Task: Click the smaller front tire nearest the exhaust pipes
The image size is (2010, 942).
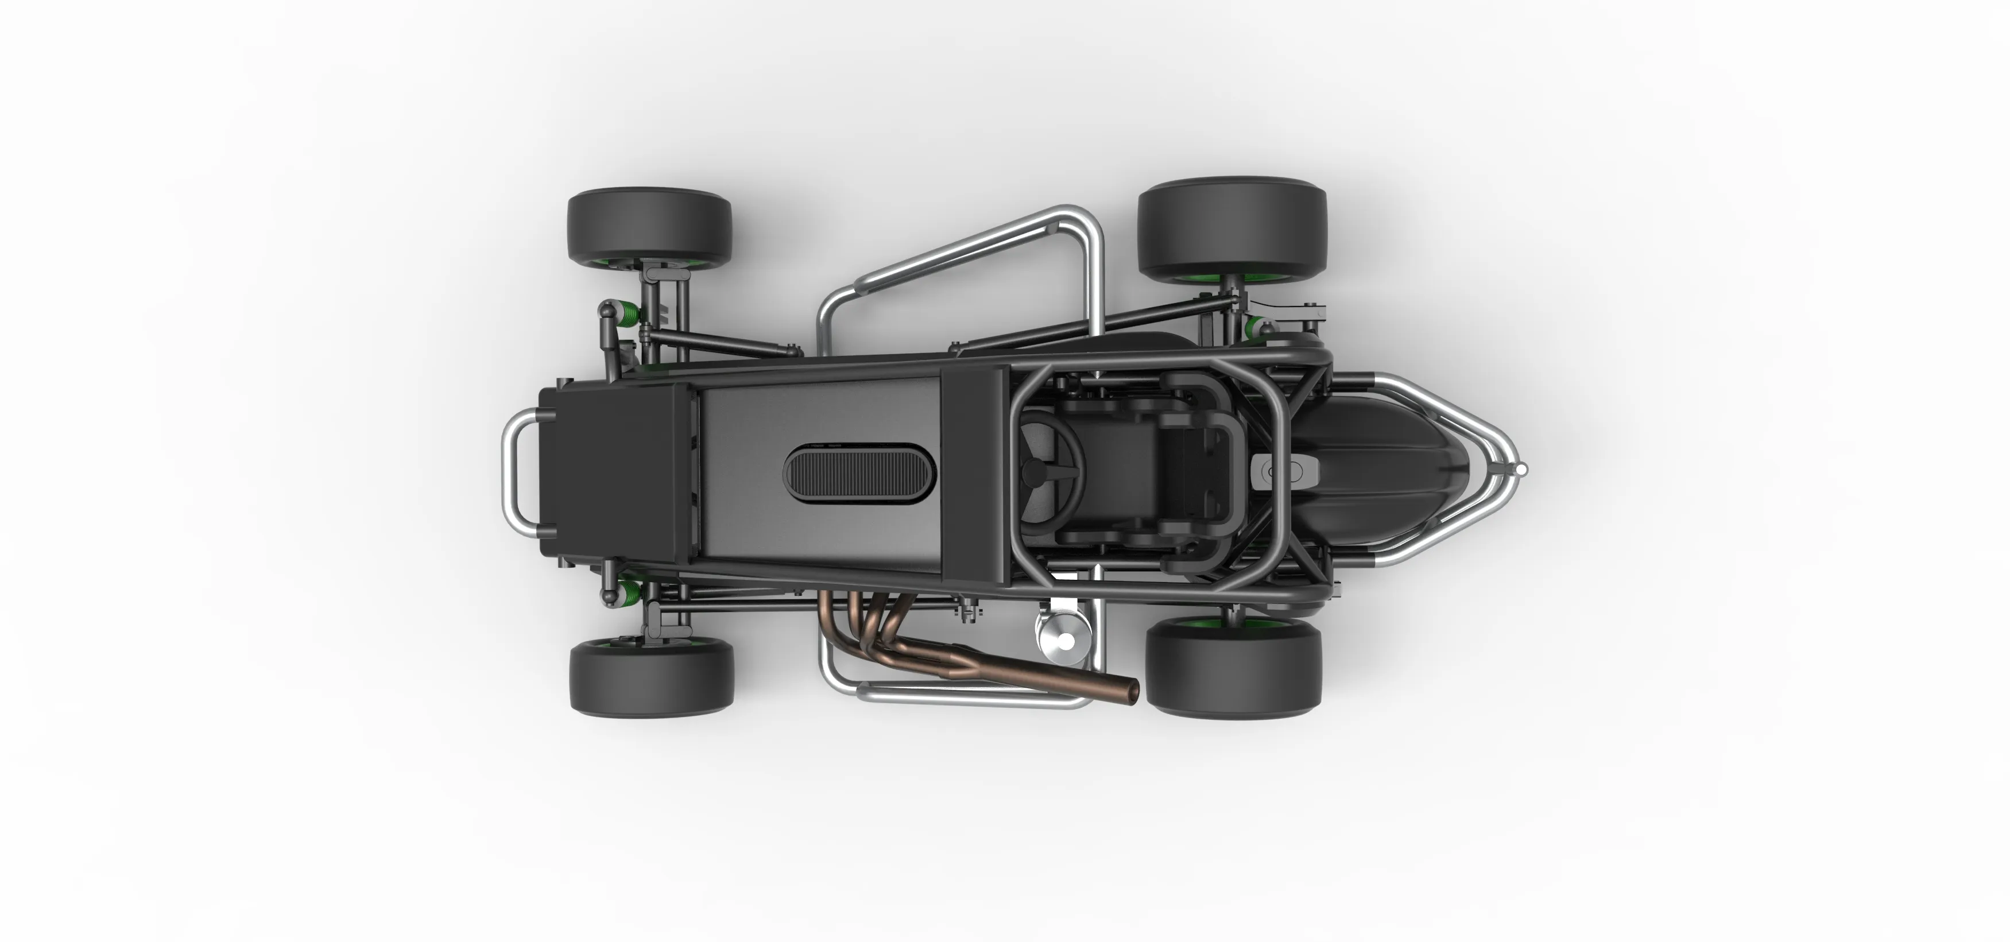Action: tap(652, 677)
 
